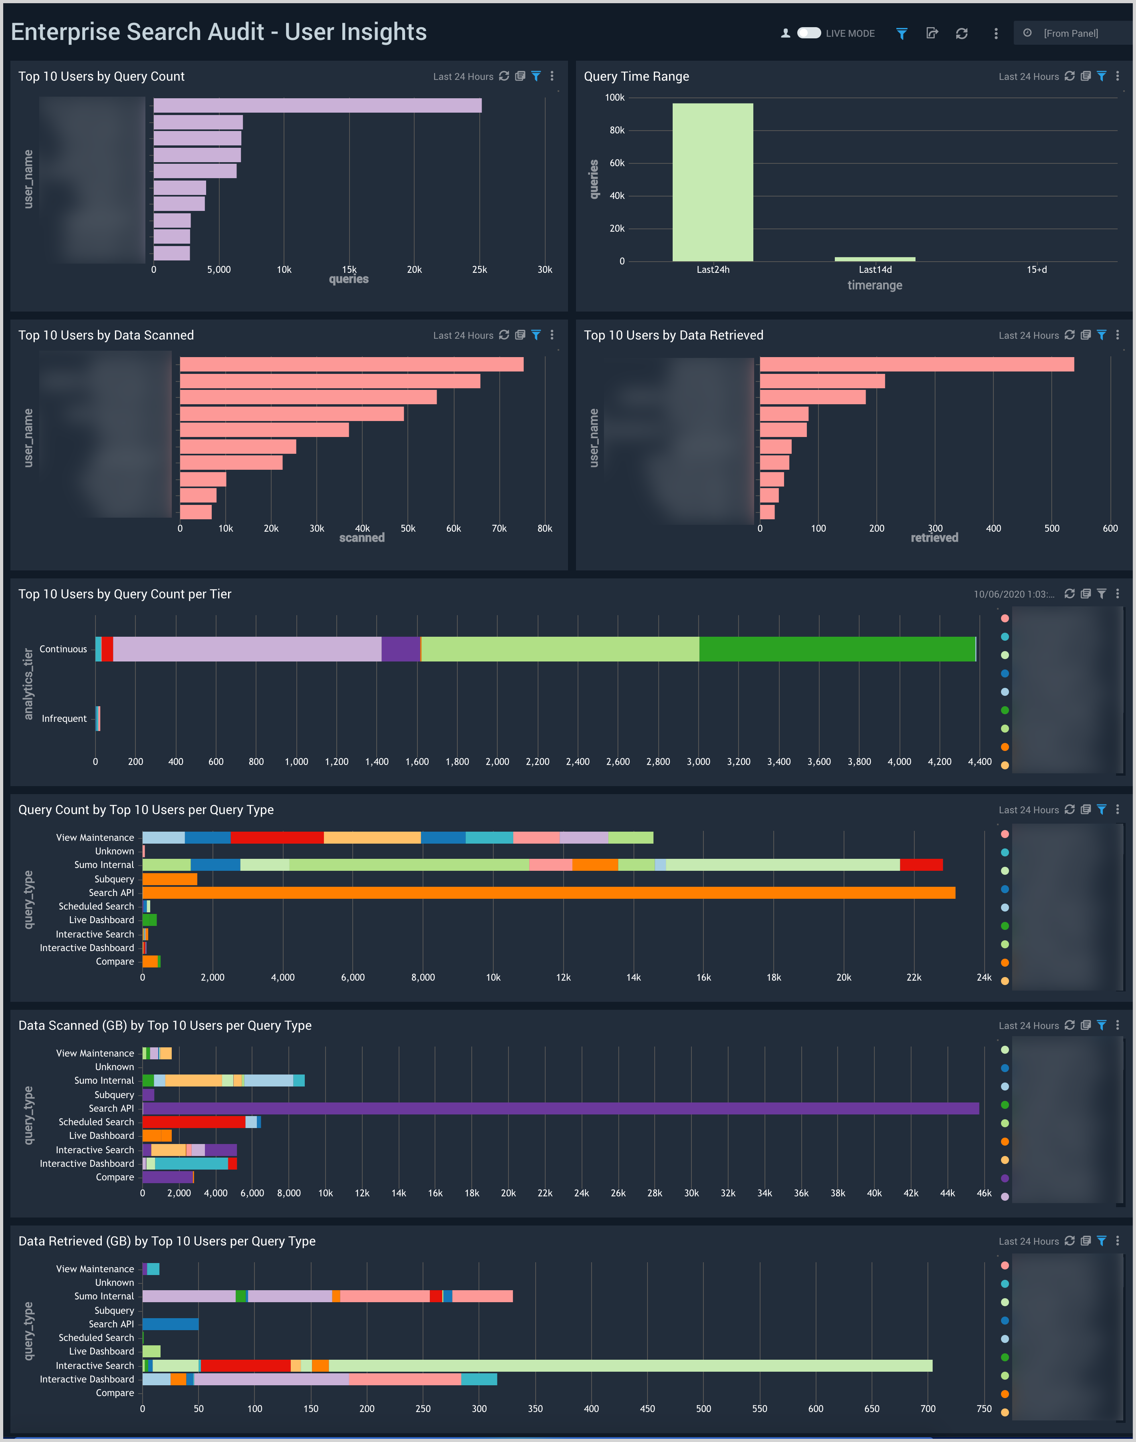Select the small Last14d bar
point(875,259)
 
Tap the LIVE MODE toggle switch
point(809,33)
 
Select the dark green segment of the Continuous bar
point(837,649)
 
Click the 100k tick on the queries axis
point(615,98)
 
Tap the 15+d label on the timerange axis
point(1036,269)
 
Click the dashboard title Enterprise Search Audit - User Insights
point(219,32)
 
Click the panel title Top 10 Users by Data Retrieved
point(673,335)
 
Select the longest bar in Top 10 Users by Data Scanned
point(351,364)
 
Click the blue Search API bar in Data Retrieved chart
point(170,1324)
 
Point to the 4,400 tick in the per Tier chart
point(979,762)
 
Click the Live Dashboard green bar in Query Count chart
point(150,920)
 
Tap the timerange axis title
point(875,285)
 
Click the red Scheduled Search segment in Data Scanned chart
point(194,1122)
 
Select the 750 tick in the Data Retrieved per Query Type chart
point(984,1409)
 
